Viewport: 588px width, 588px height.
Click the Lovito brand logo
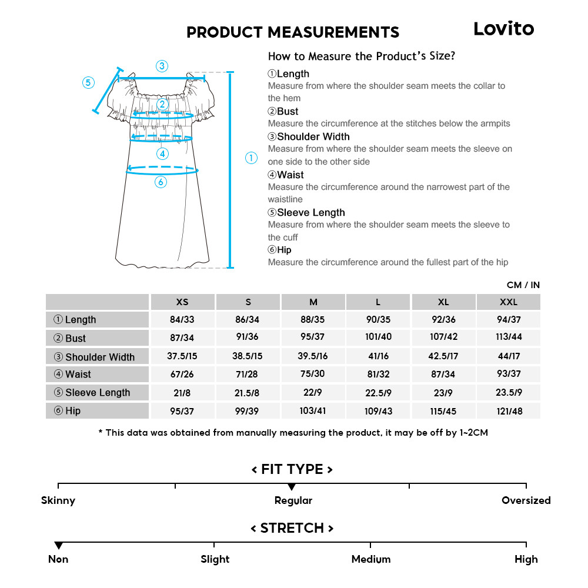point(504,29)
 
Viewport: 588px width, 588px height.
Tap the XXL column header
point(509,302)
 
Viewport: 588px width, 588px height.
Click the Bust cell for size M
point(313,338)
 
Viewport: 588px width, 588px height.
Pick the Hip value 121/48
point(509,411)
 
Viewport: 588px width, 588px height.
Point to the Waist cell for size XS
point(182,375)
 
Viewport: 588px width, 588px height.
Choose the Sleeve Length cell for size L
point(378,393)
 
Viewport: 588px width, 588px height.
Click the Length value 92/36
point(443,320)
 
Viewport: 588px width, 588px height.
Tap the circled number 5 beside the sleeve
point(88,82)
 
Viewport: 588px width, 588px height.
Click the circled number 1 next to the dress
point(251,158)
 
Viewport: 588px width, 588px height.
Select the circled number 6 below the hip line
point(161,182)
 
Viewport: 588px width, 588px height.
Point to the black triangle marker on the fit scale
point(292,487)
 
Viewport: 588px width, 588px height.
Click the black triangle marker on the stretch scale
point(58,546)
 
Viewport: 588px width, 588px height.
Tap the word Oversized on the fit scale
point(526,500)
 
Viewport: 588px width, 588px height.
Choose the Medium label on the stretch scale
point(371,559)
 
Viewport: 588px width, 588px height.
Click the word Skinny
point(58,500)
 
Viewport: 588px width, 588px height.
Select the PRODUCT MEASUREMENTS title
point(293,32)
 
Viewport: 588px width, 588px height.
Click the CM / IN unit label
point(523,285)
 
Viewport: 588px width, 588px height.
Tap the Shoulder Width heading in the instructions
point(309,136)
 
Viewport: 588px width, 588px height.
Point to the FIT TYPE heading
point(292,469)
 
